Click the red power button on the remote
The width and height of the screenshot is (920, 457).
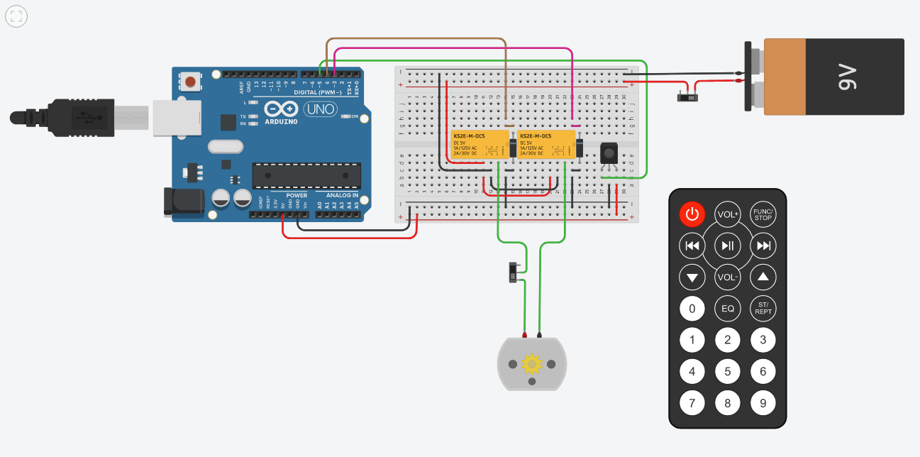click(x=692, y=214)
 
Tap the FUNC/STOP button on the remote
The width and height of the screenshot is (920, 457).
click(x=763, y=214)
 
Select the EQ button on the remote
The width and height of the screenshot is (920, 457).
click(x=727, y=309)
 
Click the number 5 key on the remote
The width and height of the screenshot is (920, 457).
click(x=727, y=371)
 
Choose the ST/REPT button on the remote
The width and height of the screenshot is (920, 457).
click(x=763, y=309)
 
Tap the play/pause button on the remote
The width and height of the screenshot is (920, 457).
click(x=727, y=246)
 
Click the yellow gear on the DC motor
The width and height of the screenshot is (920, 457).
click(x=531, y=364)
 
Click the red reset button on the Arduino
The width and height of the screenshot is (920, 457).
click(x=189, y=82)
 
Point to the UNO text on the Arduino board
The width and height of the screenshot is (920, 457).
click(x=321, y=110)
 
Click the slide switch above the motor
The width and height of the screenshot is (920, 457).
click(x=514, y=272)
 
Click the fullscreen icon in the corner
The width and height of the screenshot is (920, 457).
click(x=16, y=16)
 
